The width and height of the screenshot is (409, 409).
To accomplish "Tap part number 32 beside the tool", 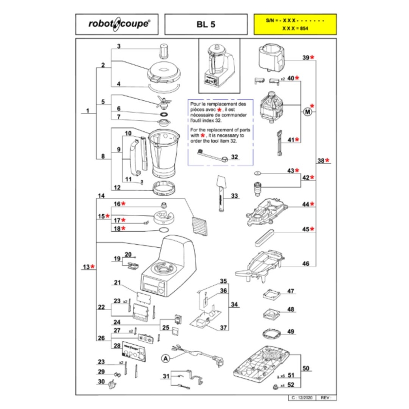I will coord(235,157).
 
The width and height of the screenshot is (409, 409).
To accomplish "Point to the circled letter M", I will coord(307,112).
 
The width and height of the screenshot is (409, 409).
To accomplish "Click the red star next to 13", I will coord(93,266).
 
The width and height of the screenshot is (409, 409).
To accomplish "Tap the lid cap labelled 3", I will coord(163,51).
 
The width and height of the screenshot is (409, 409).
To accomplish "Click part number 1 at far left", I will coord(87,111).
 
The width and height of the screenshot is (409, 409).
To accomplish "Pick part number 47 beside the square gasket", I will coord(291,292).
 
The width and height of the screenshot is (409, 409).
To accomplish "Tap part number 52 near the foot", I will coord(292,385).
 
